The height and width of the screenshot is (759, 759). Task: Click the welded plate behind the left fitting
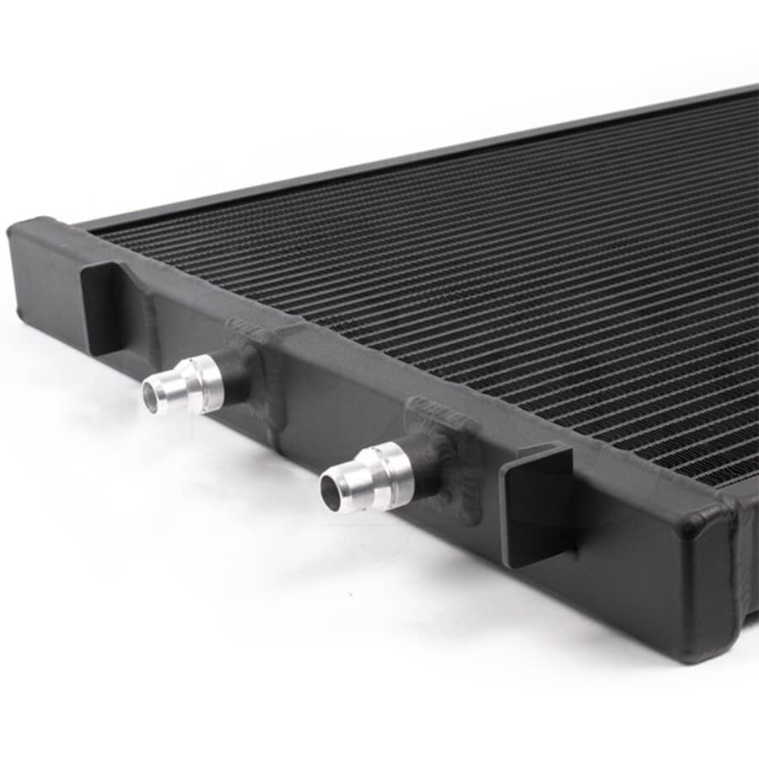tap(253, 354)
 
